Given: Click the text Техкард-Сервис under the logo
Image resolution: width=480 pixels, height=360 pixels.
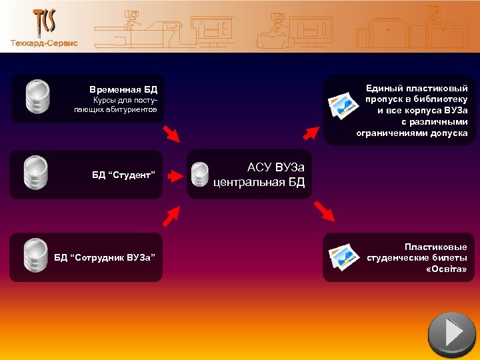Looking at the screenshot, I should [x=44, y=43].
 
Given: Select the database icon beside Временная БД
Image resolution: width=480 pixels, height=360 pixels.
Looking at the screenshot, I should [x=37, y=96].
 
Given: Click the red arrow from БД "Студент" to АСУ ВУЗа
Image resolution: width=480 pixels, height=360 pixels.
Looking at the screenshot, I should [x=175, y=176].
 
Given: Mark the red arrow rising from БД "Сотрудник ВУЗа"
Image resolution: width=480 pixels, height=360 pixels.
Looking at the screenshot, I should [x=172, y=215].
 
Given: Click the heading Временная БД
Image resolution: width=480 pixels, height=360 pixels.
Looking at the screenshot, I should [x=123, y=89].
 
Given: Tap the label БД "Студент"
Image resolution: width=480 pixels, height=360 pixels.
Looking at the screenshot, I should [x=123, y=175].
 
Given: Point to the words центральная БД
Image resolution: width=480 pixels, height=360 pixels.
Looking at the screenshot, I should [x=259, y=182].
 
